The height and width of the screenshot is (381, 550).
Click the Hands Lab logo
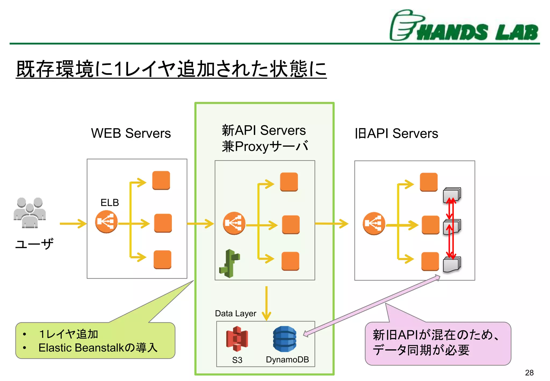464,26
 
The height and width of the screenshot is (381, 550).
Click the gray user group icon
30,213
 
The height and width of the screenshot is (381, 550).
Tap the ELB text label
110,202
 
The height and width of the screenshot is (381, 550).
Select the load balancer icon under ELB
106,222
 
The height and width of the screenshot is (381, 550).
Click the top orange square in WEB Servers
161,180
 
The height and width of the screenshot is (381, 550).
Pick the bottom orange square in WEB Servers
162,259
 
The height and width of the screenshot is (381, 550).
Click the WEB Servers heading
131,133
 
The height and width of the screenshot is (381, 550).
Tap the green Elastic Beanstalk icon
230,263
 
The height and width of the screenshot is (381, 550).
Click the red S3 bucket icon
237,339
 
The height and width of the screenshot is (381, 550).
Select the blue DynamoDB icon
285,339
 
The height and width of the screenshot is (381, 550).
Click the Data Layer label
236,313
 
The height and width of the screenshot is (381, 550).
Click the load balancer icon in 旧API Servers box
374,224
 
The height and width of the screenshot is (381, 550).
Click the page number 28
529,373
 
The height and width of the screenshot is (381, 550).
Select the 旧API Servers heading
396,134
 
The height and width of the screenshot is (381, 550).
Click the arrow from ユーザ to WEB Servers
73,224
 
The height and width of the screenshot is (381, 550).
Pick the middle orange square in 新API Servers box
291,225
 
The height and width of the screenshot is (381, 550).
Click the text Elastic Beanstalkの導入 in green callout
98,348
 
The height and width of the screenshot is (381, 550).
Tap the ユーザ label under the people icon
34,244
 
